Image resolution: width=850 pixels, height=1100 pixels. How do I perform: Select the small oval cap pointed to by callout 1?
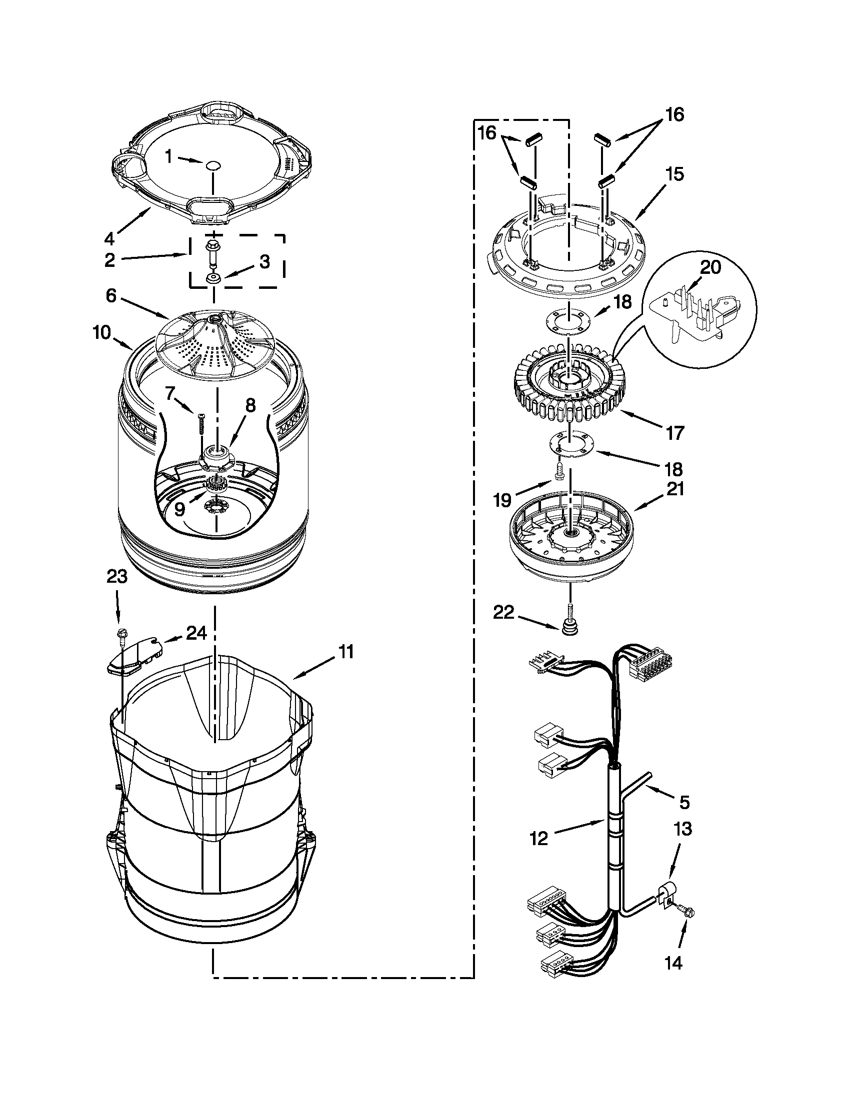[x=213, y=165]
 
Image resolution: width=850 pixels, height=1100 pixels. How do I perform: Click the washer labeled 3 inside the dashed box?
[x=212, y=278]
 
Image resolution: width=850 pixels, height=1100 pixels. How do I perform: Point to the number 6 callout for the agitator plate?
[x=111, y=296]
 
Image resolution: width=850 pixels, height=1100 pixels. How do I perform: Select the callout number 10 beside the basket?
[x=102, y=333]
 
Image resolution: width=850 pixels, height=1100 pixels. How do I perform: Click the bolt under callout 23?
[x=121, y=636]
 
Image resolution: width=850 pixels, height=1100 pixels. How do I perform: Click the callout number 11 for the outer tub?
[x=345, y=652]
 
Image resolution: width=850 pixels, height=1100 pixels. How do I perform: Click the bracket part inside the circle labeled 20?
[x=696, y=308]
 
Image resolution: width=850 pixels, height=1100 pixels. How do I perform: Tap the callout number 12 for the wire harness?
[x=538, y=839]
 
